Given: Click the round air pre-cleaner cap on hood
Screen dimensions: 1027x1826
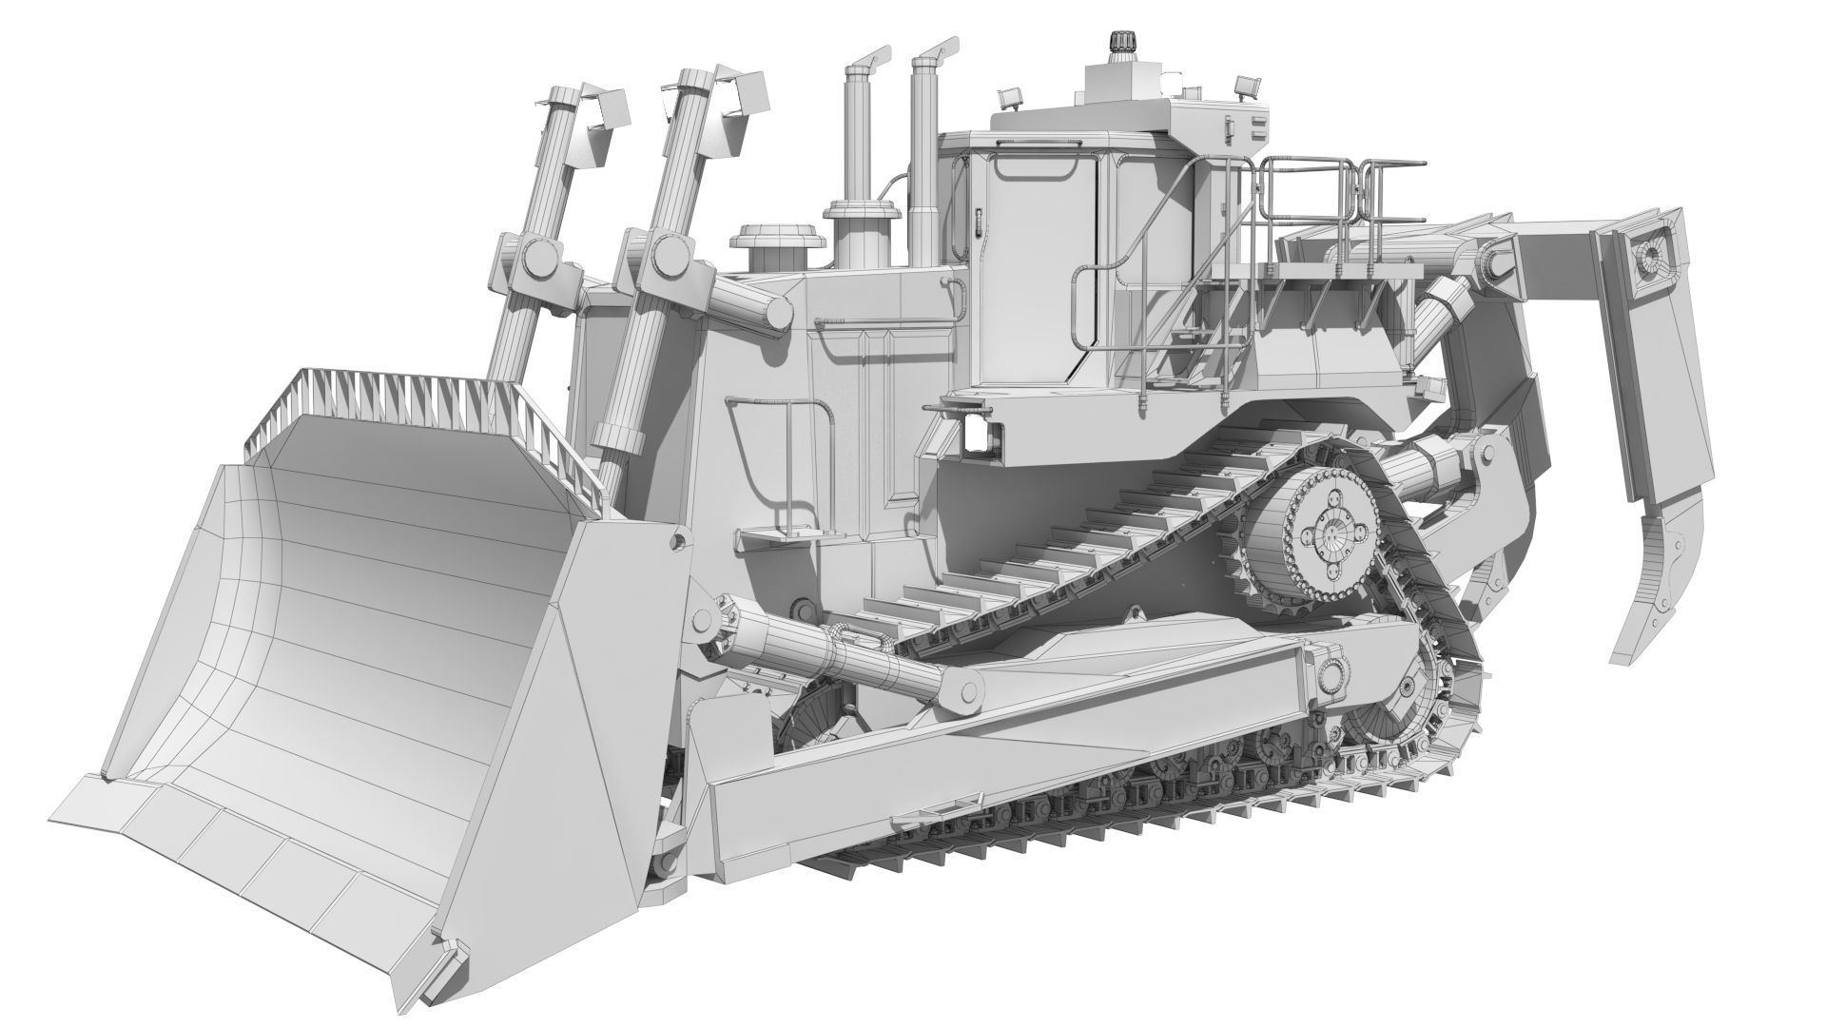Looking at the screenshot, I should (769, 236).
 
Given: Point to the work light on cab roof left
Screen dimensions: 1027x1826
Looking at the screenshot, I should (1011, 96).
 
